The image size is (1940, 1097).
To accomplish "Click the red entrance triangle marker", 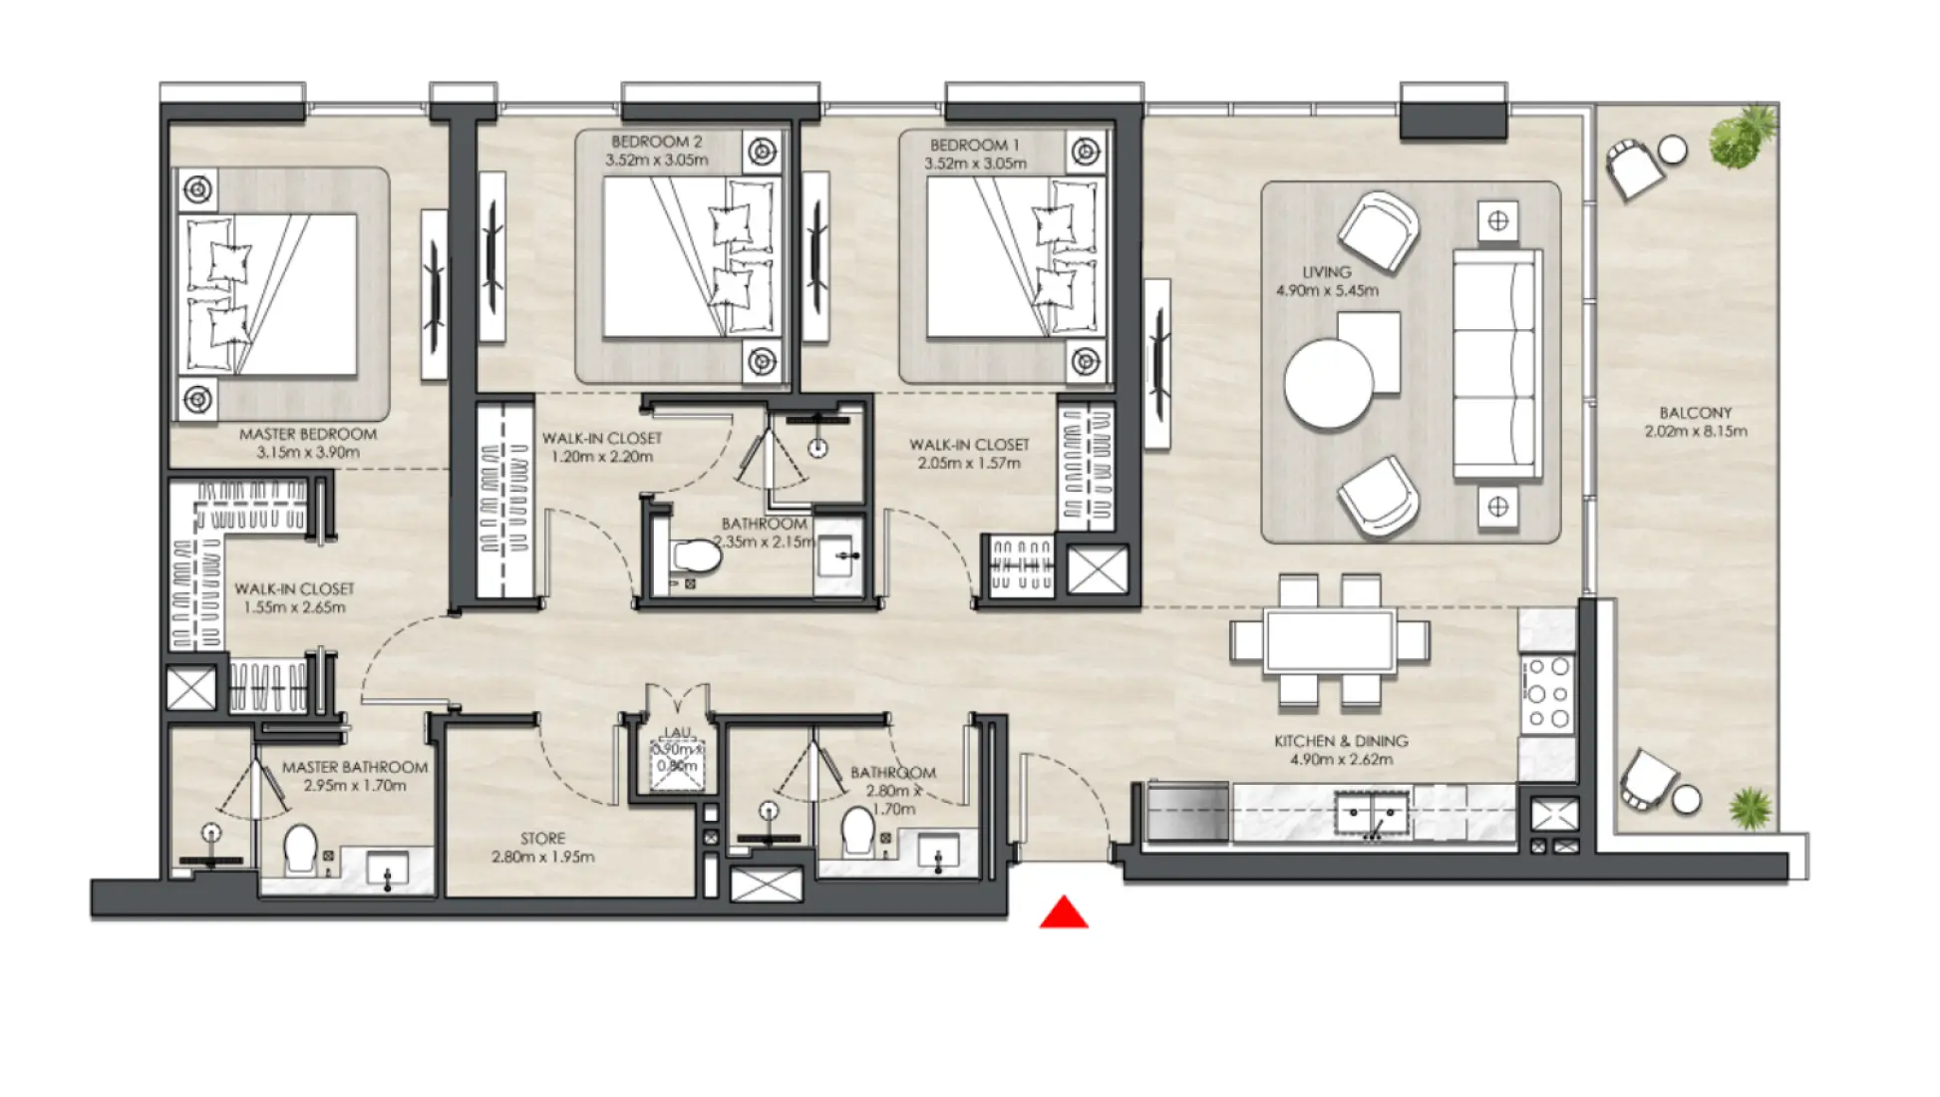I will [x=1063, y=914].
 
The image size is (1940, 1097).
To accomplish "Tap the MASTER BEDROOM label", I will [x=308, y=435].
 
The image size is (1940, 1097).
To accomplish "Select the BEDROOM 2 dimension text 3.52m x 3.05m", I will [x=656, y=161].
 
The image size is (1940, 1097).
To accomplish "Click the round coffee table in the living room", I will [x=1328, y=384].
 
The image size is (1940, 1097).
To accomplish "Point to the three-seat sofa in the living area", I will [x=1493, y=364].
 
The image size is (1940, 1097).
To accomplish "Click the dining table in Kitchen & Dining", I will [x=1329, y=640].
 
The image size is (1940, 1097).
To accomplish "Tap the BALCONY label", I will [x=1695, y=413].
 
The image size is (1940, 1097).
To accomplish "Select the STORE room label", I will [x=542, y=839].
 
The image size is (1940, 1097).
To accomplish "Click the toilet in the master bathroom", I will [x=300, y=850].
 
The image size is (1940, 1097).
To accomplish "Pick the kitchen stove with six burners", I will [x=1548, y=692].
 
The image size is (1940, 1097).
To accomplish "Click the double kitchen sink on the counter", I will [x=1372, y=813].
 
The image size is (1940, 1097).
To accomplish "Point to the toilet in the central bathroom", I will [x=696, y=557].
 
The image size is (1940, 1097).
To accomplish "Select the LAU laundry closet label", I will [x=678, y=733].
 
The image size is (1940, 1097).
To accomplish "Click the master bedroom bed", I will [x=269, y=295].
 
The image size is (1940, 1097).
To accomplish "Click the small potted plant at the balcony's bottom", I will [x=1751, y=807].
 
